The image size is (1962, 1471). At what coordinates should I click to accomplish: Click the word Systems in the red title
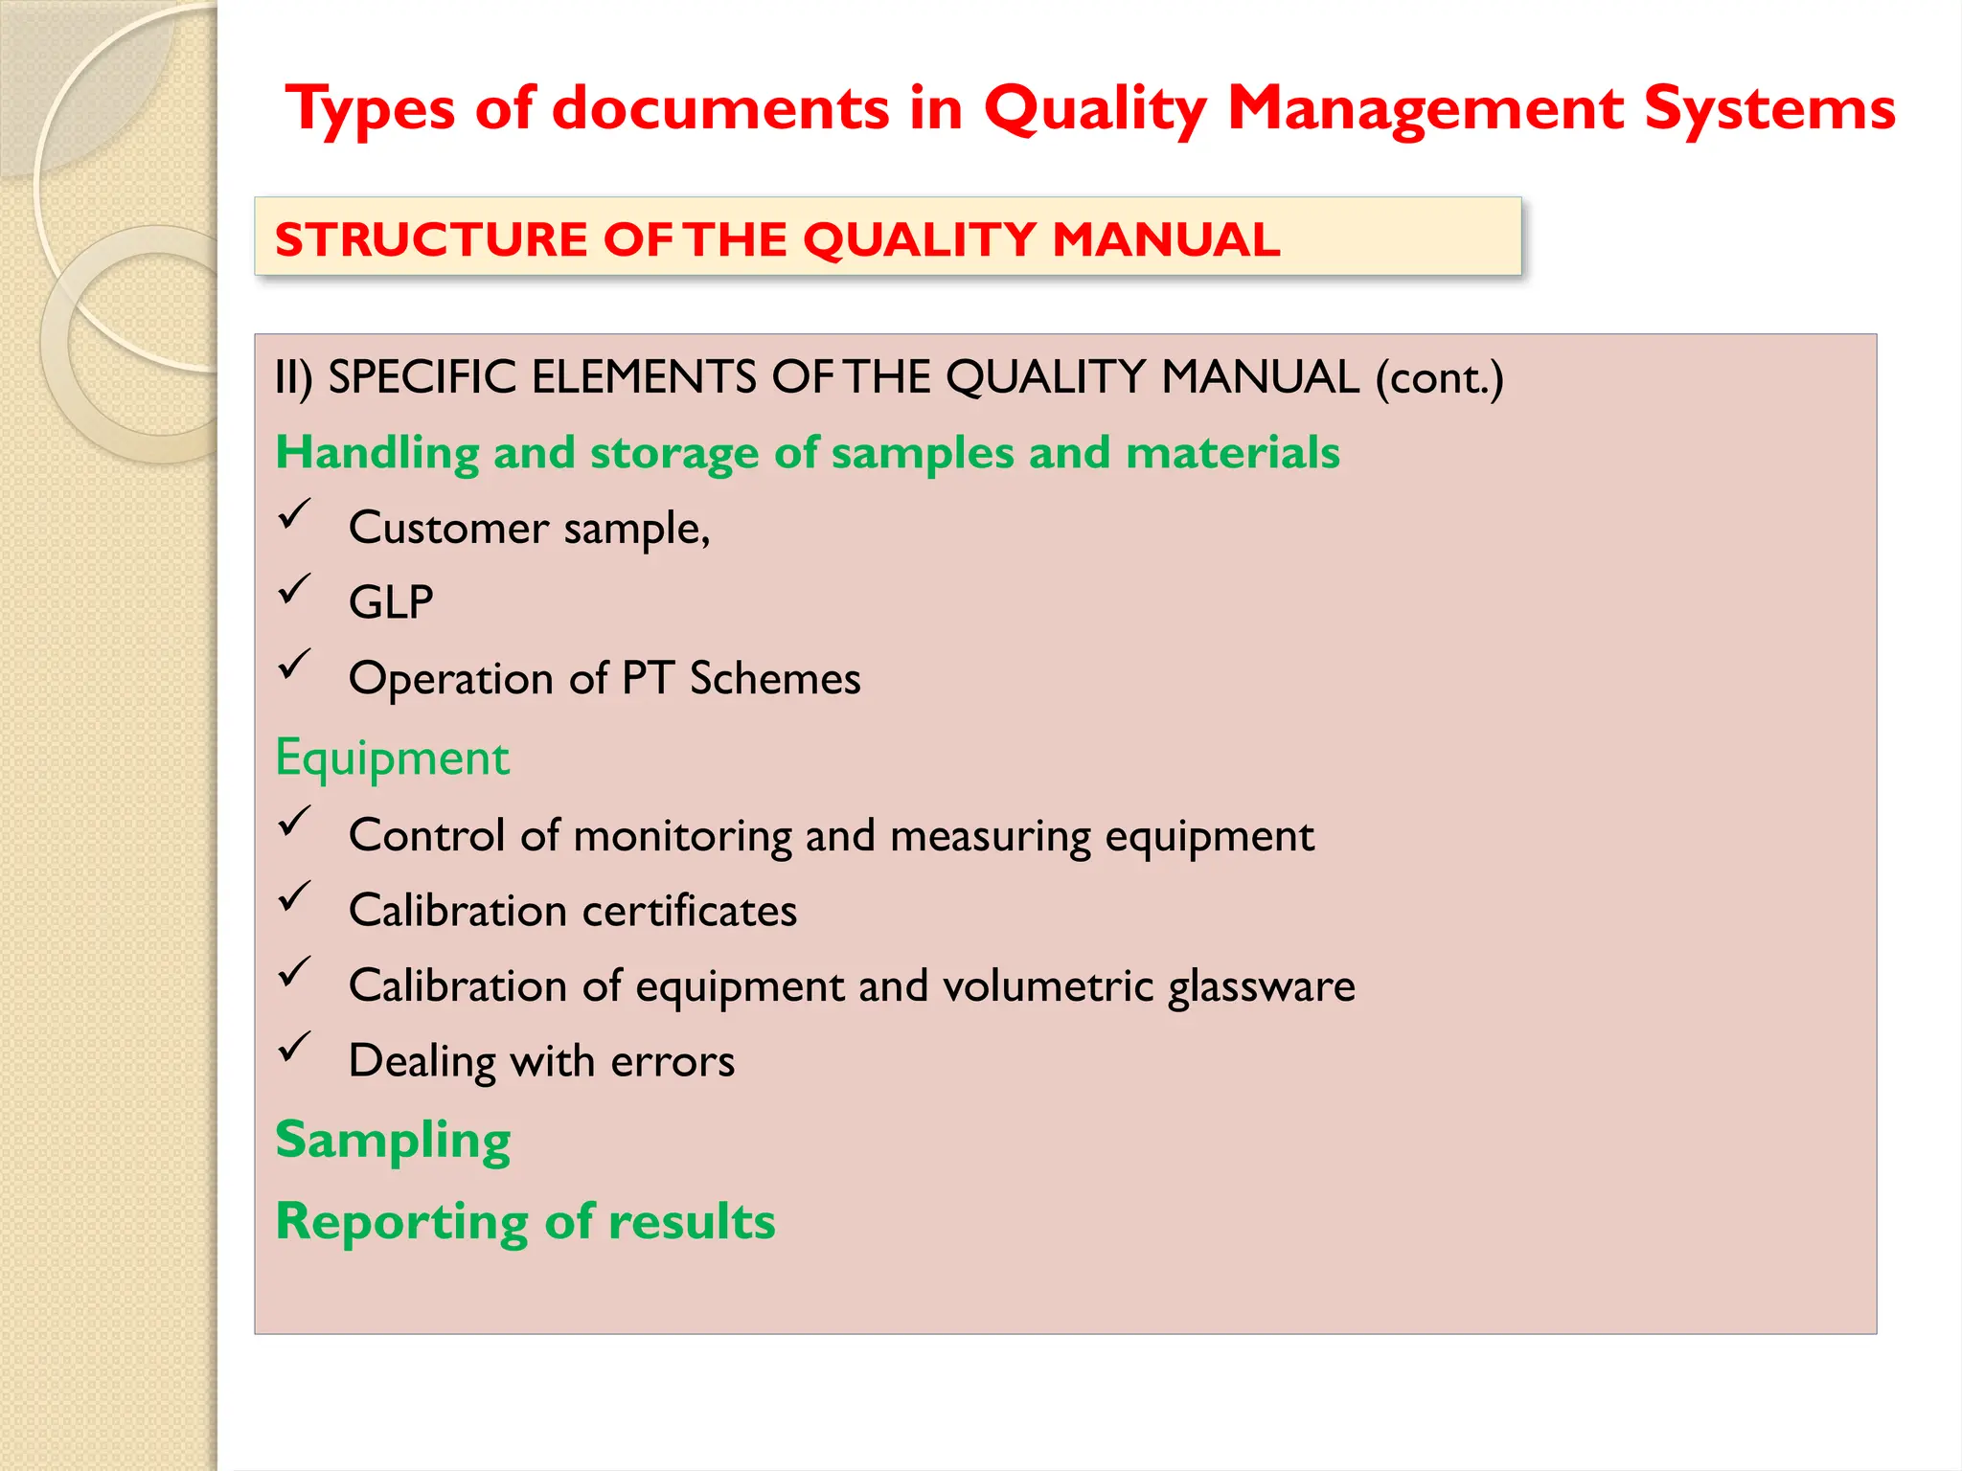(1769, 109)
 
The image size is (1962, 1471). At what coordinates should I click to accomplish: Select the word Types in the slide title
(370, 109)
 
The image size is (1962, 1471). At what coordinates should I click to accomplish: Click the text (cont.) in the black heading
(1440, 378)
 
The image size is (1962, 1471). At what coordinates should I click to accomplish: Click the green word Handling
(376, 453)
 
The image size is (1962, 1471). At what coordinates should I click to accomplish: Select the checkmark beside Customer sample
(295, 514)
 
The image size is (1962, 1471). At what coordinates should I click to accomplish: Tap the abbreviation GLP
(391, 603)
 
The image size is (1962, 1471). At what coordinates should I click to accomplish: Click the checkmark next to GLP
(295, 589)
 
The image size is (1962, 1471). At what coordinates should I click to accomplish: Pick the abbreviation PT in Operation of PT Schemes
(648, 678)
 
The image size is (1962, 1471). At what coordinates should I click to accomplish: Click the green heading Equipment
(392, 758)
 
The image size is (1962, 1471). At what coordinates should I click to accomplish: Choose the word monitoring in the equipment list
(682, 836)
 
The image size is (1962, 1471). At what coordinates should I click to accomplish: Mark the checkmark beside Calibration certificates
(295, 897)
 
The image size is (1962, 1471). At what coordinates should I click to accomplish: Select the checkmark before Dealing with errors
(295, 1048)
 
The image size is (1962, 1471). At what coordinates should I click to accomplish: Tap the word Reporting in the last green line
(401, 1223)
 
